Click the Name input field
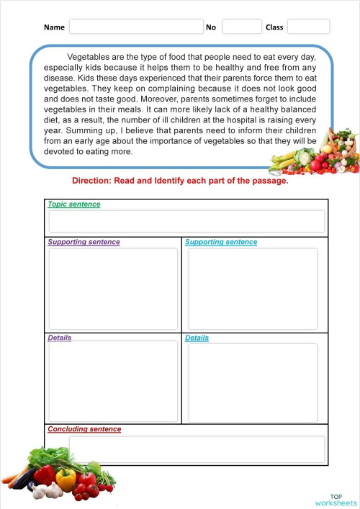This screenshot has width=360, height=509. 136,27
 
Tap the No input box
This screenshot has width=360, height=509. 241,27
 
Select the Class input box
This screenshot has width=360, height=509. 308,27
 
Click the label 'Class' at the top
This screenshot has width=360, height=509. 274,27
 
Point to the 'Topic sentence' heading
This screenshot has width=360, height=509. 74,204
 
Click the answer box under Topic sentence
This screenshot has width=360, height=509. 186,221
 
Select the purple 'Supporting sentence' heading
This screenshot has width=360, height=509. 84,242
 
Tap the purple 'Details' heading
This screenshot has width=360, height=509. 59,338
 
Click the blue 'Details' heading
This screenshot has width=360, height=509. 197,338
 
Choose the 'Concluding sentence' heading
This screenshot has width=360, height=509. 84,430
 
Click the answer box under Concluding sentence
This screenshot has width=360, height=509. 196,449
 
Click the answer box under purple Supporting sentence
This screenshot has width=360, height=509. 112,289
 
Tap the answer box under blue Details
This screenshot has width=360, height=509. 252,382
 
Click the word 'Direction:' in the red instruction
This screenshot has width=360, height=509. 92,181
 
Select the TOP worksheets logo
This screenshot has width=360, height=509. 336,500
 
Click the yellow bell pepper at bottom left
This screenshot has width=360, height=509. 66,479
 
